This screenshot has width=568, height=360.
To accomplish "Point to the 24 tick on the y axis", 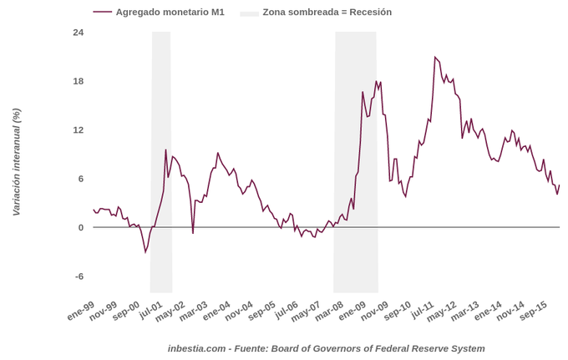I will coord(79,32).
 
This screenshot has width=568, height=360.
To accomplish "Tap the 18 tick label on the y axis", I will coord(79,81).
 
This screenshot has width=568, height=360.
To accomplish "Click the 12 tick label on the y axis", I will coord(79,129).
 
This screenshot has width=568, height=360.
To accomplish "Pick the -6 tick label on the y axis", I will coord(79,276).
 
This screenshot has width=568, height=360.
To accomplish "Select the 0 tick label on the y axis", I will coord(80,227).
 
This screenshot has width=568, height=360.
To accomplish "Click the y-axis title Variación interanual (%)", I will coord(16,162).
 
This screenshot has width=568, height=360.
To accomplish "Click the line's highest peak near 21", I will coord(435,57).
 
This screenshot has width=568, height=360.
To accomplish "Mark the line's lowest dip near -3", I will coord(145,252).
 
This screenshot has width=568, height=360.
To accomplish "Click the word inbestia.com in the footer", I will coord(197,348).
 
